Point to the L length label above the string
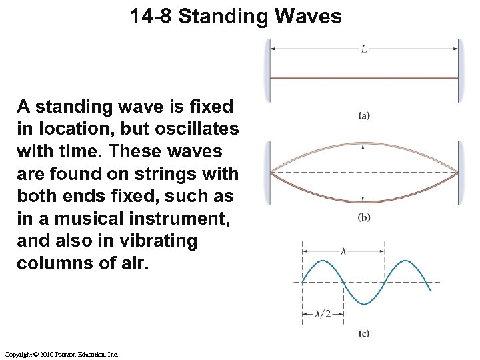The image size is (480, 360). click(363, 49)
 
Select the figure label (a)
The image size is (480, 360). click(364, 115)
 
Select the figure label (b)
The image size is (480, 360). click(364, 217)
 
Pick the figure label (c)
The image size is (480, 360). click(364, 333)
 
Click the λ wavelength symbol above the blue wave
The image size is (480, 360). click(343, 251)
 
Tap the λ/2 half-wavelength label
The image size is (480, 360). click(323, 314)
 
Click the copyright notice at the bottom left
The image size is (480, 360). click(61, 354)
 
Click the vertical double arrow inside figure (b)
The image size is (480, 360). click(363, 172)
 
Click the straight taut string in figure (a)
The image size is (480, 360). click(363, 78)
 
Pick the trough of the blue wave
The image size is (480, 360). click(363, 304)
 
